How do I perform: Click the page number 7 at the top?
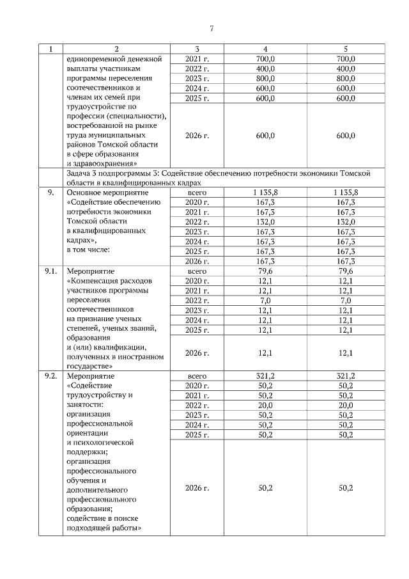212,28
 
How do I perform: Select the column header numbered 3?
197,49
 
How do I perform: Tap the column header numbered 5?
346,49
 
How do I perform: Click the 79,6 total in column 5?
346,271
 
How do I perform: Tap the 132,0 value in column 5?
346,221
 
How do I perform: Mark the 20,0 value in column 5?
346,405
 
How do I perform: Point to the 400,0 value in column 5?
346,68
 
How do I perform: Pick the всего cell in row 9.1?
197,271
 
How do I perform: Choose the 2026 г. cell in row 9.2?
197,488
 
